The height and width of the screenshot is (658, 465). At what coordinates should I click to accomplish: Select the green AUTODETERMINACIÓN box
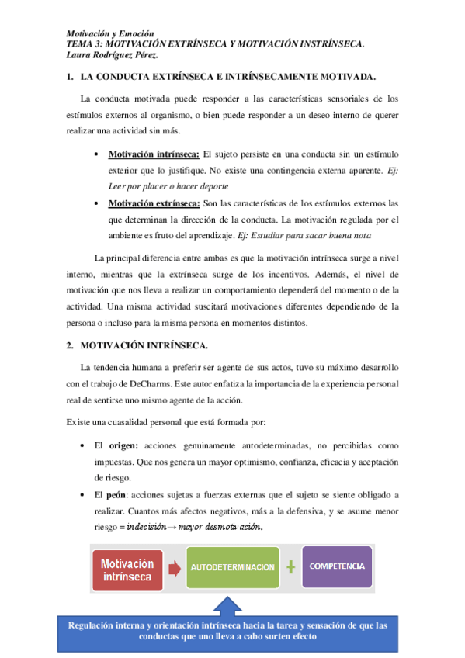[233, 567]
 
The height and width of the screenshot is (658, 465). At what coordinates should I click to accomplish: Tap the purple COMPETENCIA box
[337, 566]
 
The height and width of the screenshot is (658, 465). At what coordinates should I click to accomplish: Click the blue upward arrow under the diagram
[228, 604]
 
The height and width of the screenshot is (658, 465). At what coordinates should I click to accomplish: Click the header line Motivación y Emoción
[110, 34]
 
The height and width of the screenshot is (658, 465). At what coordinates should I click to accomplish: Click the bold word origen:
[123, 446]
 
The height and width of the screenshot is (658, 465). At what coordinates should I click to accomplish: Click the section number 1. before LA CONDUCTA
[70, 78]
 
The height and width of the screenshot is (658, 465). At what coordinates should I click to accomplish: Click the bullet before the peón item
[83, 495]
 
